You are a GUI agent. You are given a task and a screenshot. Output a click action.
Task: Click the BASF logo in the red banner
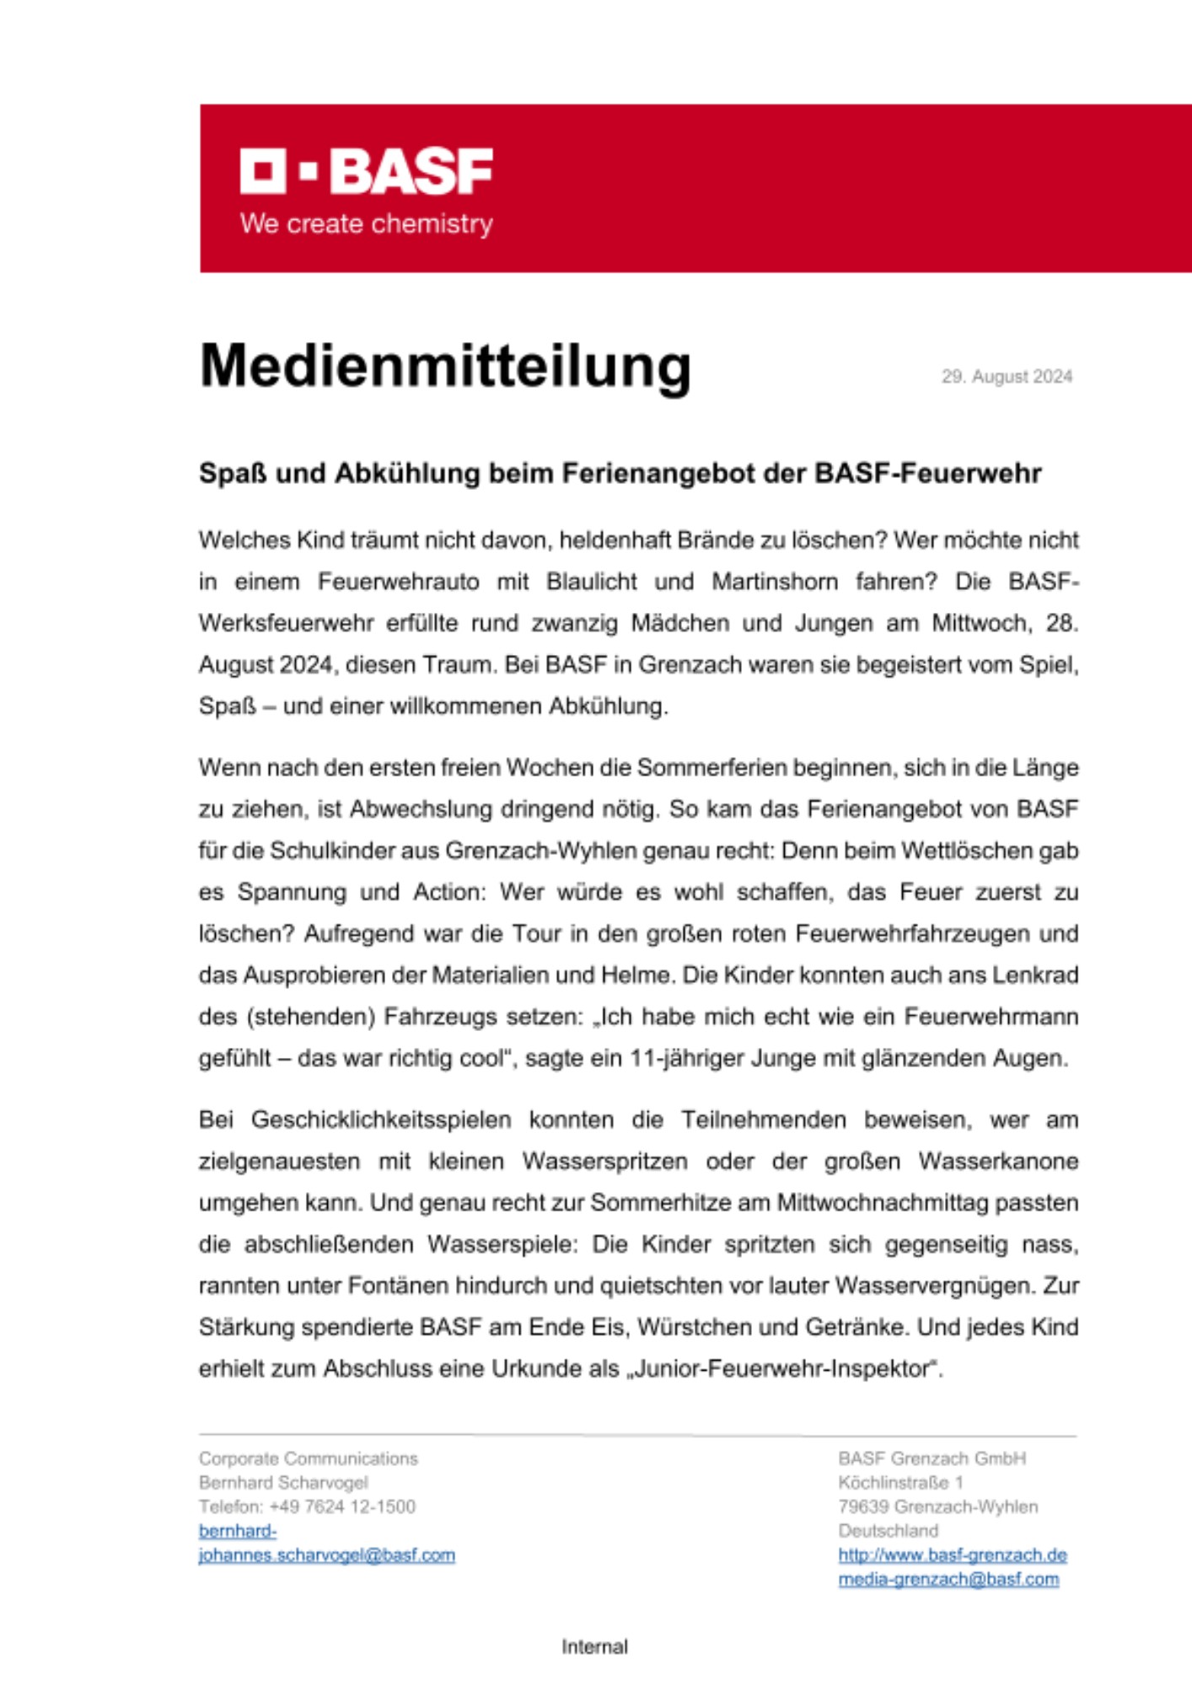pyautogui.click(x=366, y=171)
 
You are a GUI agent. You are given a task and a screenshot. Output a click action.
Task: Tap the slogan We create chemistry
pyautogui.click(x=366, y=224)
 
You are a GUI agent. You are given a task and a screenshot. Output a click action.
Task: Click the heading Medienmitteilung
pyautogui.click(x=445, y=366)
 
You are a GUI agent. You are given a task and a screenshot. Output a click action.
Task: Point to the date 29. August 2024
pyautogui.click(x=1007, y=377)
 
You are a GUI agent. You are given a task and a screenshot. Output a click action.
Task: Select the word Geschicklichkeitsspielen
pyautogui.click(x=381, y=1120)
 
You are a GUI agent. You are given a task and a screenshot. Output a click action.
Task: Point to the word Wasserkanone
pyautogui.click(x=998, y=1162)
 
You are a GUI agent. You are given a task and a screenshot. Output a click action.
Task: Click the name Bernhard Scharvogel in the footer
pyautogui.click(x=283, y=1483)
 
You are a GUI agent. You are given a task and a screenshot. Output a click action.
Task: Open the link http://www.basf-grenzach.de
pyautogui.click(x=953, y=1555)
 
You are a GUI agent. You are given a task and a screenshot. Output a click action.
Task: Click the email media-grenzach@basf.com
pyautogui.click(x=948, y=1580)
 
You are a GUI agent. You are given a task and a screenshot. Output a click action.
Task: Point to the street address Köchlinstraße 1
pyautogui.click(x=900, y=1483)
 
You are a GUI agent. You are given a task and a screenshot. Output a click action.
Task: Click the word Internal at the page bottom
pyautogui.click(x=595, y=1646)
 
